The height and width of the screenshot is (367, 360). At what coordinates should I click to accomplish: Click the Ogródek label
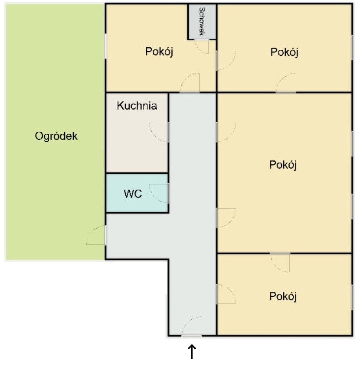(x=56, y=136)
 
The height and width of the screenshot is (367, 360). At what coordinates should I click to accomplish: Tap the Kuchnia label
(x=137, y=106)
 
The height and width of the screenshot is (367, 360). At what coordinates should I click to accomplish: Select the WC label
(x=133, y=194)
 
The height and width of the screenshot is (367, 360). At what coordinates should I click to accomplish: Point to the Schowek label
(x=202, y=22)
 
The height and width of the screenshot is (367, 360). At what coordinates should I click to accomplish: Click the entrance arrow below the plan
(x=192, y=351)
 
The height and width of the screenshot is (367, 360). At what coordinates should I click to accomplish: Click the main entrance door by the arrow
(x=191, y=326)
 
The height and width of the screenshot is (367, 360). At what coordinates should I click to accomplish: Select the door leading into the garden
(x=96, y=235)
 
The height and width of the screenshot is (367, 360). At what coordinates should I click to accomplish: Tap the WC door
(x=159, y=194)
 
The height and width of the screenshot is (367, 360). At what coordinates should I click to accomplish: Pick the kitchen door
(x=159, y=132)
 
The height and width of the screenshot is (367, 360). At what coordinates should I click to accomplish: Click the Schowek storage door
(x=202, y=46)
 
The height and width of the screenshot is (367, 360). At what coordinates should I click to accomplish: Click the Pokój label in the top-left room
(x=159, y=52)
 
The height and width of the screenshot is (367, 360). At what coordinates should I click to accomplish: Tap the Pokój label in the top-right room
(x=285, y=52)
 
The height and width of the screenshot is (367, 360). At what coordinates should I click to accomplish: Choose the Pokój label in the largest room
(x=283, y=165)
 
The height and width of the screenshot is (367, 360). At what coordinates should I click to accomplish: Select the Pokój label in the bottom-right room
(x=283, y=296)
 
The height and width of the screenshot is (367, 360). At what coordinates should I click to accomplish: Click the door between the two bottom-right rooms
(x=280, y=263)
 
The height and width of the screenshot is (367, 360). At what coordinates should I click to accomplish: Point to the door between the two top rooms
(x=226, y=61)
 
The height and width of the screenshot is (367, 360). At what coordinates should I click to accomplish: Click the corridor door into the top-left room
(x=190, y=83)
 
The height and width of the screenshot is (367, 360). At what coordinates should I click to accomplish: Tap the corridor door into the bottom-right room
(x=226, y=294)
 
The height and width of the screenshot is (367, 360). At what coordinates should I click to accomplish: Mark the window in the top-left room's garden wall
(x=106, y=46)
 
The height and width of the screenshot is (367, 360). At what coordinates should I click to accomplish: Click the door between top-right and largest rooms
(x=286, y=83)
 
